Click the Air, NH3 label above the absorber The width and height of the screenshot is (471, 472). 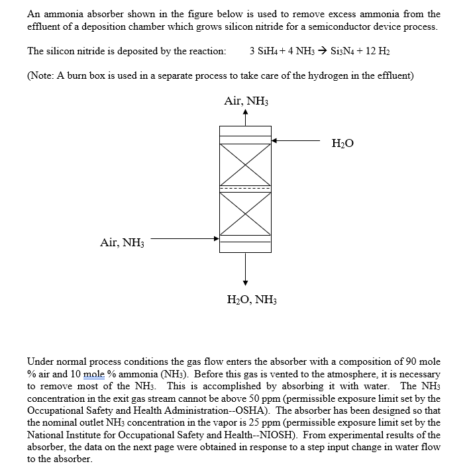point(246,101)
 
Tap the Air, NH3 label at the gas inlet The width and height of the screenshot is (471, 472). point(122,243)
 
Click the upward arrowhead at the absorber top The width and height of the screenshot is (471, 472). point(246,113)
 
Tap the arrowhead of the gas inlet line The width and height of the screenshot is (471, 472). point(215,239)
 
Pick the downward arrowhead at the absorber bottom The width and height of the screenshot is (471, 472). point(246,283)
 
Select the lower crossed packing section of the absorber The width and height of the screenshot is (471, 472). point(245,213)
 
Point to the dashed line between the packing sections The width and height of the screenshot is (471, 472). point(245,189)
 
